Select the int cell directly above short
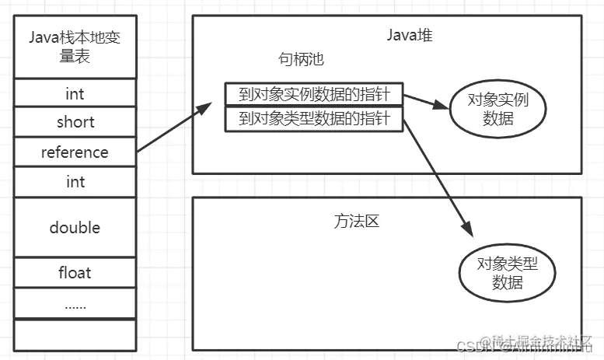75,93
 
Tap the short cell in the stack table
75,122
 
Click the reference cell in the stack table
75,152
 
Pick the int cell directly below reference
75,181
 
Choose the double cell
75,227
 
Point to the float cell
75,272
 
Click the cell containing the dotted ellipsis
75,303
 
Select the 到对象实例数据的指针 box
314,94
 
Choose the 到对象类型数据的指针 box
314,120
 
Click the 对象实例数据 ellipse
498,110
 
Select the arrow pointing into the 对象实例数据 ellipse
426,103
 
